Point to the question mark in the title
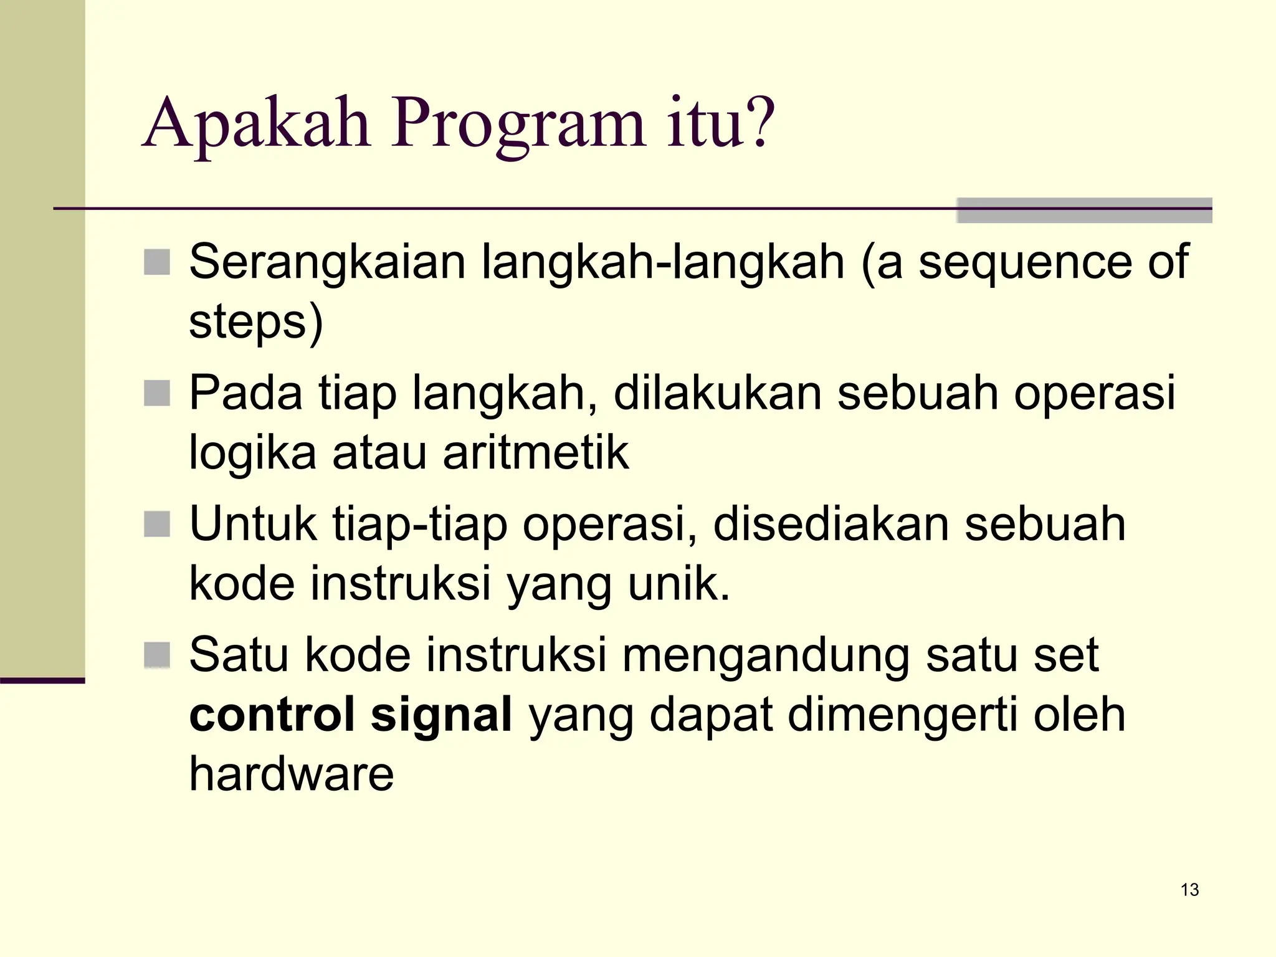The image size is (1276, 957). click(761, 122)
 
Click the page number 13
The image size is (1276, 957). click(1189, 890)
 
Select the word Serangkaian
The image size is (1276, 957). click(327, 262)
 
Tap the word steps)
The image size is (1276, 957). click(256, 323)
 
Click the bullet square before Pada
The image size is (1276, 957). click(157, 393)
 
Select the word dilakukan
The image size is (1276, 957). click(717, 393)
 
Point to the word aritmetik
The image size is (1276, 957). click(536, 453)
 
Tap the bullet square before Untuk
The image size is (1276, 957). click(157, 524)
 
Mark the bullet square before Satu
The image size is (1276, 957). click(157, 655)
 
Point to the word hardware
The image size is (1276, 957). click(291, 774)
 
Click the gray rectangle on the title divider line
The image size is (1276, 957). click(1084, 211)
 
